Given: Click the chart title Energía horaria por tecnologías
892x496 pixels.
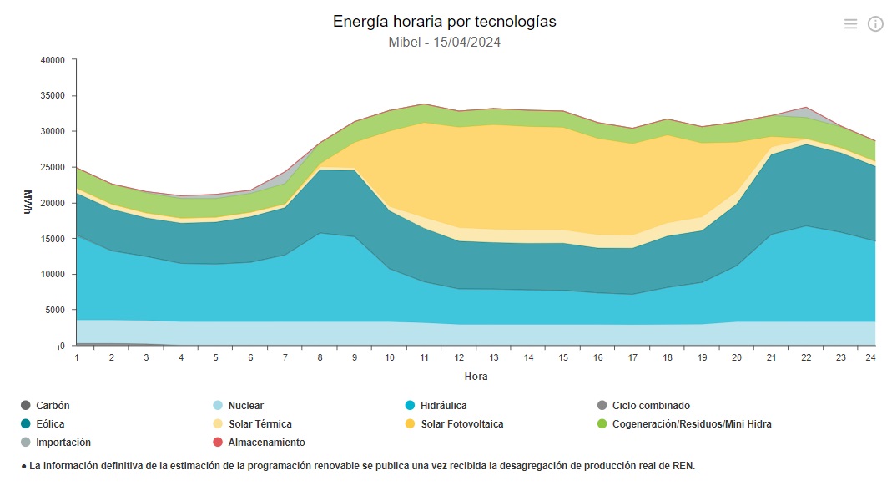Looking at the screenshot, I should pyautogui.click(x=444, y=22).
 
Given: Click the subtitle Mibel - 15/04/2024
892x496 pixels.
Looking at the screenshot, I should pyautogui.click(x=444, y=42).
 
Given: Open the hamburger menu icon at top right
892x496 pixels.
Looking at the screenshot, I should pyautogui.click(x=850, y=24).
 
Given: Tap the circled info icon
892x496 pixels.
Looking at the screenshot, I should pyautogui.click(x=875, y=24).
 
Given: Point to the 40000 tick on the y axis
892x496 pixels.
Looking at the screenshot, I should pyautogui.click(x=53, y=60).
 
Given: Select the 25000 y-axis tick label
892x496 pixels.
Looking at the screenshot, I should pyautogui.click(x=53, y=167).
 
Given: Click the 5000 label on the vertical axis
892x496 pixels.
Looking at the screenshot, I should pyautogui.click(x=55, y=310).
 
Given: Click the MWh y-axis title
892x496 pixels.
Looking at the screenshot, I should pyautogui.click(x=28, y=203).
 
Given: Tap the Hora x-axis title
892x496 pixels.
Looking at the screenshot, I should pyautogui.click(x=476, y=377).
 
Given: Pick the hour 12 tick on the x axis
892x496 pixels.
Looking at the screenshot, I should pyautogui.click(x=458, y=357).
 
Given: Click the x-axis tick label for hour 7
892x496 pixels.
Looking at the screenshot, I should pyautogui.click(x=285, y=357).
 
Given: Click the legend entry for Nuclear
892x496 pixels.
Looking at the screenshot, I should pyautogui.click(x=245, y=406).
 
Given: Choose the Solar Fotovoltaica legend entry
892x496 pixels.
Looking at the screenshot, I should pyautogui.click(x=461, y=424).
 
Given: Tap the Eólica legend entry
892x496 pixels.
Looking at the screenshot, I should pyautogui.click(x=50, y=424).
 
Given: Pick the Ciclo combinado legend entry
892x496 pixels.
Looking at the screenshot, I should pyautogui.click(x=651, y=406).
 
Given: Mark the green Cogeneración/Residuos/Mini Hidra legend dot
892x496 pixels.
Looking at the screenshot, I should pyautogui.click(x=602, y=424).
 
